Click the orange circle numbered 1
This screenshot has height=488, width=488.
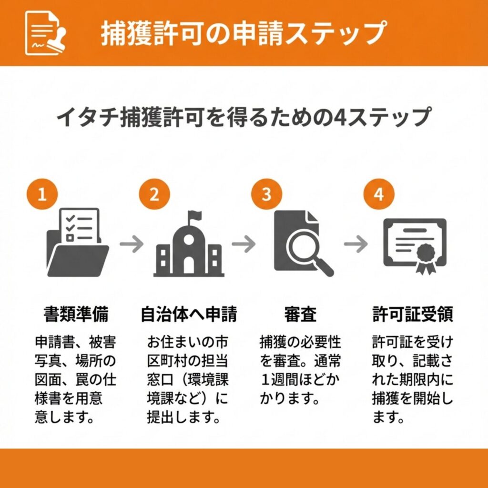click(42, 194)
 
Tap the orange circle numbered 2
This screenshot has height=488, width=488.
click(154, 194)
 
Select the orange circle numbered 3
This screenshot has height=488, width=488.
click(267, 194)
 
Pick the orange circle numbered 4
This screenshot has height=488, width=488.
click(379, 194)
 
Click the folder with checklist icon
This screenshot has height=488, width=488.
click(78, 242)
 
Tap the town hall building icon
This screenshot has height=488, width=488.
click(189, 244)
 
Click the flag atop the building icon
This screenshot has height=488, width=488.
click(195, 215)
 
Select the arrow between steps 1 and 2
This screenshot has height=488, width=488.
click(132, 244)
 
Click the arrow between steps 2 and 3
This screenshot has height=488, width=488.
click(244, 244)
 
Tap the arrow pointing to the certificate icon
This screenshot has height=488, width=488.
click(356, 244)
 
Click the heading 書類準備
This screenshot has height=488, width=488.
click(76, 314)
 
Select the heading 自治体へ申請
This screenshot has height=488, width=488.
click(189, 314)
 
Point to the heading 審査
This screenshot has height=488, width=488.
click(300, 314)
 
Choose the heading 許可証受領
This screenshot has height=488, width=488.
click(413, 314)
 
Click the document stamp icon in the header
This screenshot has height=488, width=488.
click(45, 33)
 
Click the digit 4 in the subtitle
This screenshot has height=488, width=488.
click(340, 118)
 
